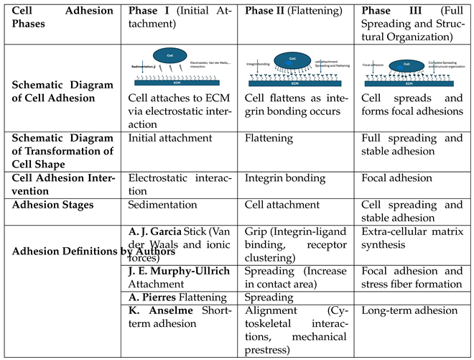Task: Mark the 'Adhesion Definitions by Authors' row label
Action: (68, 251)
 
